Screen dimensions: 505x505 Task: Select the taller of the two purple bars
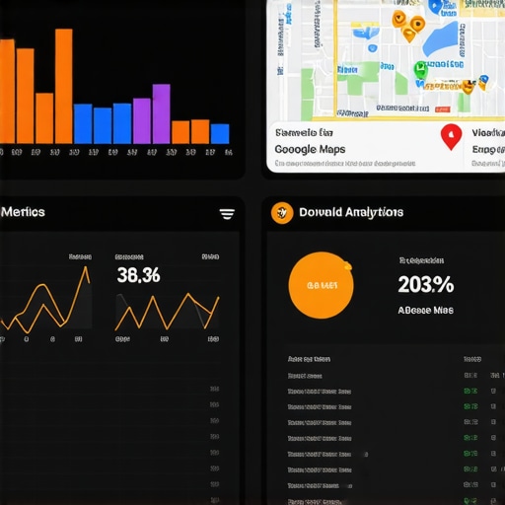(x=161, y=113)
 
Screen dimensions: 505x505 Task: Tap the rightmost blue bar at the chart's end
(x=219, y=133)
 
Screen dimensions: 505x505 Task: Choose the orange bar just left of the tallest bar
(x=44, y=118)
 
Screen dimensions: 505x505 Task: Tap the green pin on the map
(x=420, y=70)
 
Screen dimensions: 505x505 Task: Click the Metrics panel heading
(x=24, y=212)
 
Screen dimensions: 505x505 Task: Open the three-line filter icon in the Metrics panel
(x=227, y=213)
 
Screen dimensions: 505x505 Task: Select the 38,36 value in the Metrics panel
(x=138, y=275)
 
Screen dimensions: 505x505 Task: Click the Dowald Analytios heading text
(x=351, y=212)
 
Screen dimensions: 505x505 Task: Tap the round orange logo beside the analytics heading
(x=281, y=212)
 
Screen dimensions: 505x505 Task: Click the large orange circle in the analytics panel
(x=321, y=286)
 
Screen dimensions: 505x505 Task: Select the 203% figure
(x=425, y=285)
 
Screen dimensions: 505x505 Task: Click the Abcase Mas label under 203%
(x=425, y=310)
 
